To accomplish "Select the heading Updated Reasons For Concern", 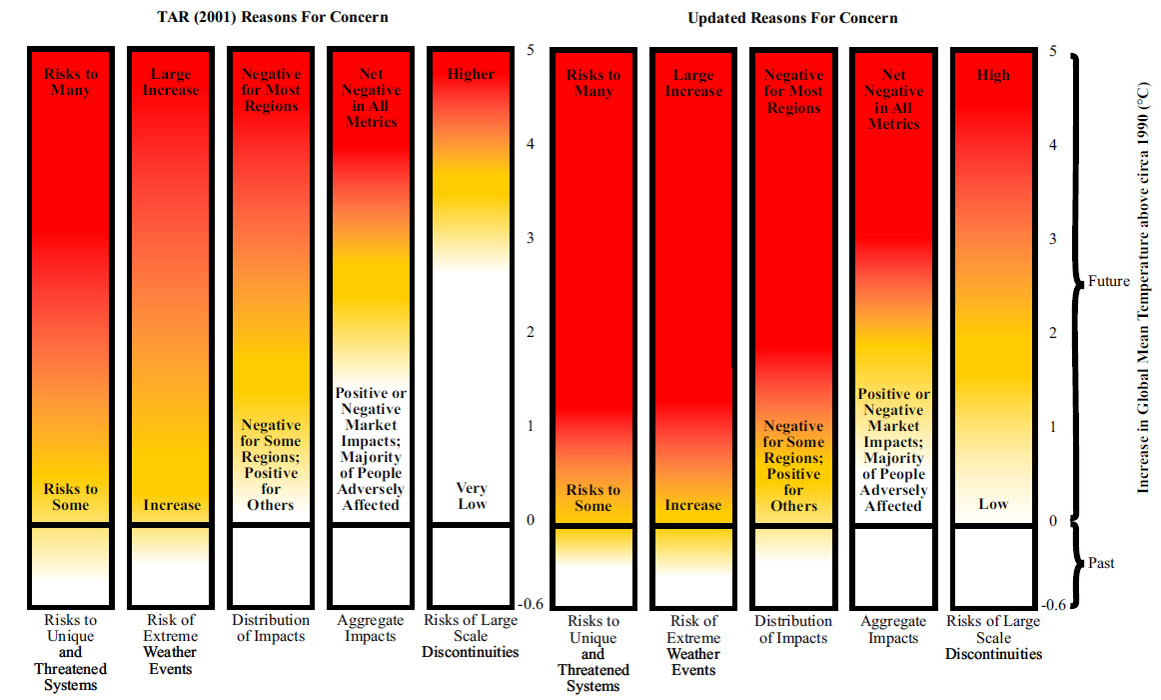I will tap(792, 18).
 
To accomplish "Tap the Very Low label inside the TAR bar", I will tap(472, 496).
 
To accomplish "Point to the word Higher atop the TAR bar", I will tap(472, 74).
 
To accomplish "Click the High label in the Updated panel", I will tap(993, 75).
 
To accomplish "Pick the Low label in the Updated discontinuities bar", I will tap(993, 503).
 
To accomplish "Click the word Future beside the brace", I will tap(1109, 281).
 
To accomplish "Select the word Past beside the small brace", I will tap(1101, 563).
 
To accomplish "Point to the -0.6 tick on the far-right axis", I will tap(1054, 605).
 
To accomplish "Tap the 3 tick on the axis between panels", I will tap(531, 238).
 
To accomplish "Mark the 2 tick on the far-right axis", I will tap(1052, 332).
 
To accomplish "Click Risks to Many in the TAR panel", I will tap(71, 82).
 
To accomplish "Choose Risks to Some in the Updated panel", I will tap(592, 497).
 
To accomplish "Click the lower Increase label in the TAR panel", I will tap(172, 505).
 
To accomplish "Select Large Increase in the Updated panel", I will tap(692, 82).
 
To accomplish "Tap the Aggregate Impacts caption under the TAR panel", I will tap(370, 628).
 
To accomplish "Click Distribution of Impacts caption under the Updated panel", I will tap(793, 629).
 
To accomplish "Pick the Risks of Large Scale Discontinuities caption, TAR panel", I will tap(471, 636).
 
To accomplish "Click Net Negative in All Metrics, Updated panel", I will tap(893, 99).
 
